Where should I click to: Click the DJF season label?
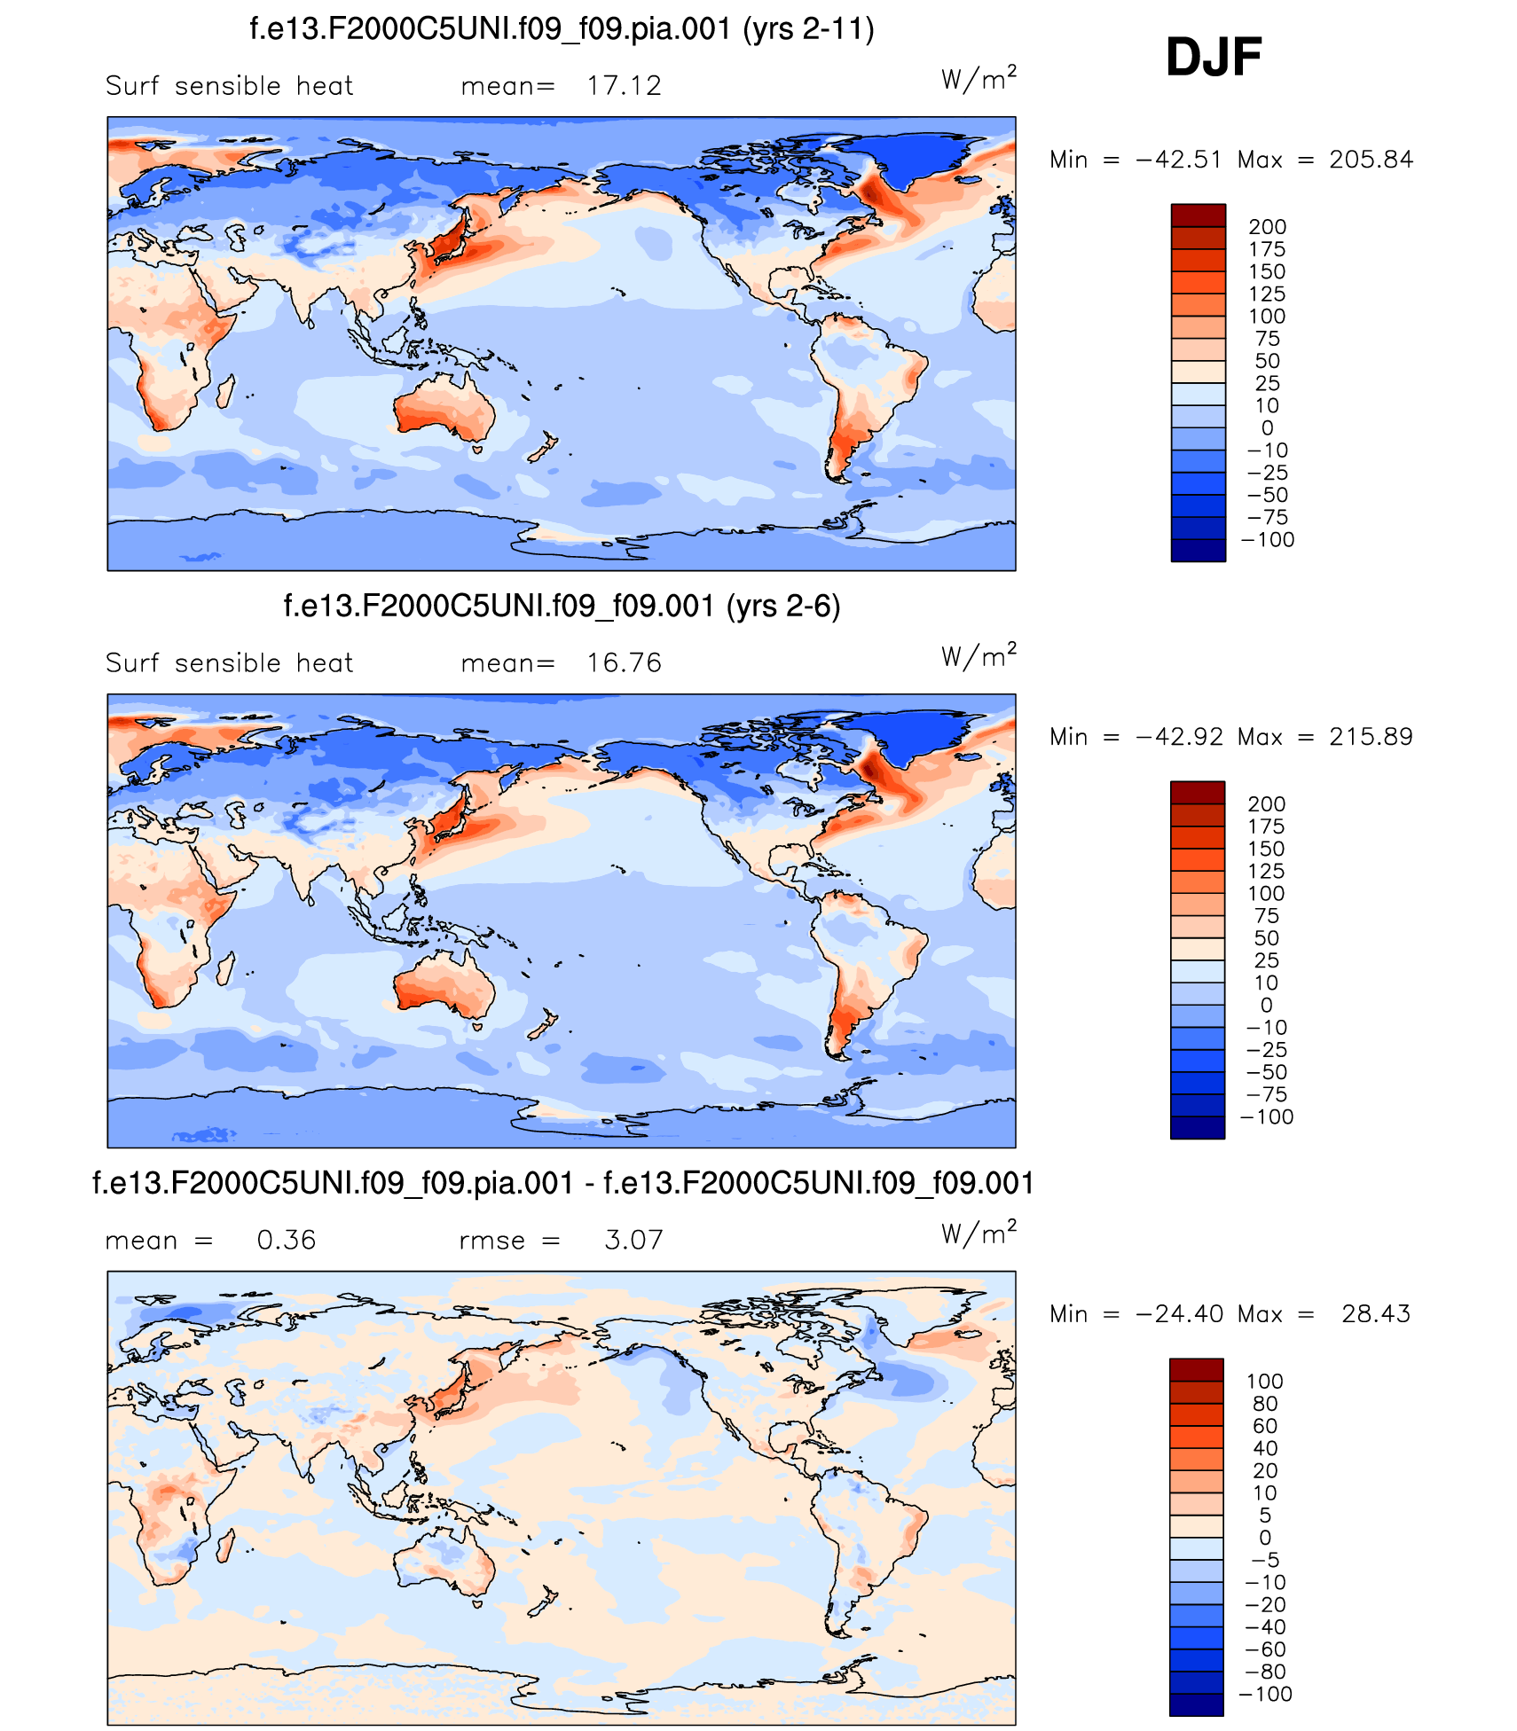(x=1213, y=58)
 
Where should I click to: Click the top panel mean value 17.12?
(x=624, y=86)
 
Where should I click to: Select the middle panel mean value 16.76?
(x=624, y=663)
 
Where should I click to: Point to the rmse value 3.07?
(x=633, y=1240)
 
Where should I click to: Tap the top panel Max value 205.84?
(x=1371, y=160)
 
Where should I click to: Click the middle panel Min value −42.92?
(x=1179, y=737)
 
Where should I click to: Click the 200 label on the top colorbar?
(x=1267, y=227)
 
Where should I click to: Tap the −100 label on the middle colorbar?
(x=1267, y=1117)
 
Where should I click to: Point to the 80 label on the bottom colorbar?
(x=1265, y=1404)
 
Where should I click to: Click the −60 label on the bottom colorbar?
(x=1265, y=1649)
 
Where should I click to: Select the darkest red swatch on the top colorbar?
(x=1198, y=215)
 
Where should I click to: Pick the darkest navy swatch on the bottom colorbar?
(x=1196, y=1704)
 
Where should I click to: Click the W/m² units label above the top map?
(x=978, y=80)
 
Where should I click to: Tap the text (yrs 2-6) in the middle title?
(x=782, y=607)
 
